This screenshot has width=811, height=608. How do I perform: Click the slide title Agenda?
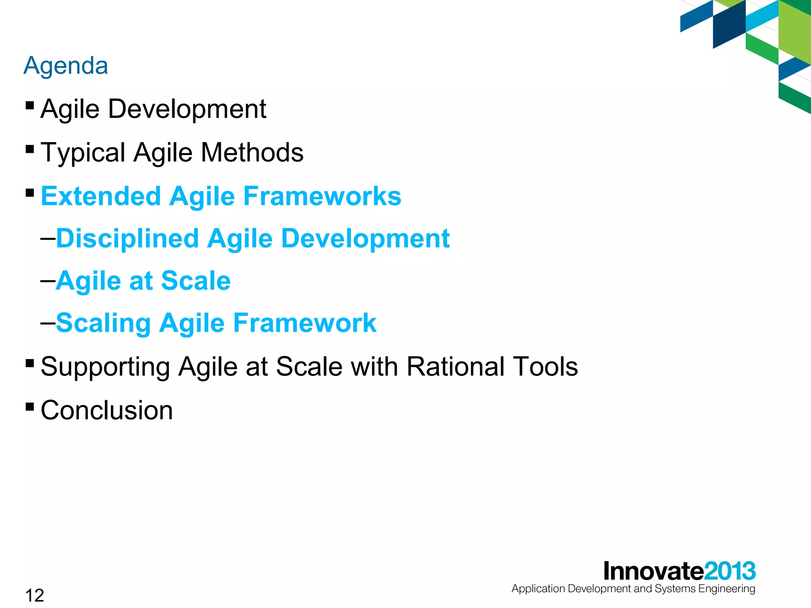click(x=66, y=66)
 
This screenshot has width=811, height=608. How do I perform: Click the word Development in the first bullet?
click(x=187, y=109)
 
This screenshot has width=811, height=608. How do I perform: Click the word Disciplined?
click(x=128, y=239)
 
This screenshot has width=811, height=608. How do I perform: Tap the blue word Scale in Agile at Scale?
click(x=196, y=281)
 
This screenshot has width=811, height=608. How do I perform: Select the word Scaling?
click(x=103, y=323)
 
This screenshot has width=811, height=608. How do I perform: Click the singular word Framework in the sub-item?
click(x=305, y=323)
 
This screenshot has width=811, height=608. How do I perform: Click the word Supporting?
click(x=105, y=367)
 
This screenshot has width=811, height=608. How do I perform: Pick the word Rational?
click(x=455, y=367)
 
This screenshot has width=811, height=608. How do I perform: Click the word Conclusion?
click(x=107, y=410)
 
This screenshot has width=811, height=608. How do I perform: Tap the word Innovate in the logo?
click(x=653, y=571)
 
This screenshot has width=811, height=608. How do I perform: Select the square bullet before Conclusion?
click(x=30, y=407)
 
